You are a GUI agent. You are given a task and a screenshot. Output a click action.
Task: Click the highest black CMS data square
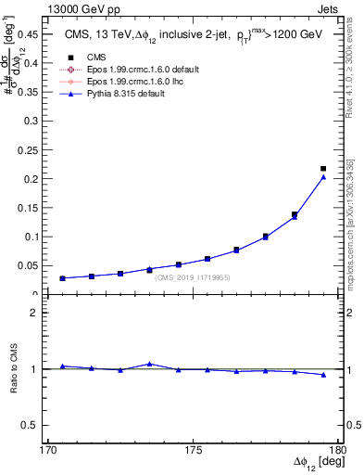[323, 168]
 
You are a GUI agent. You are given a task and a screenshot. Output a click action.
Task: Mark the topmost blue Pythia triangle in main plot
[323, 177]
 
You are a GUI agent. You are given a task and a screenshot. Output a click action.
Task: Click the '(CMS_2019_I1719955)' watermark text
[192, 277]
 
